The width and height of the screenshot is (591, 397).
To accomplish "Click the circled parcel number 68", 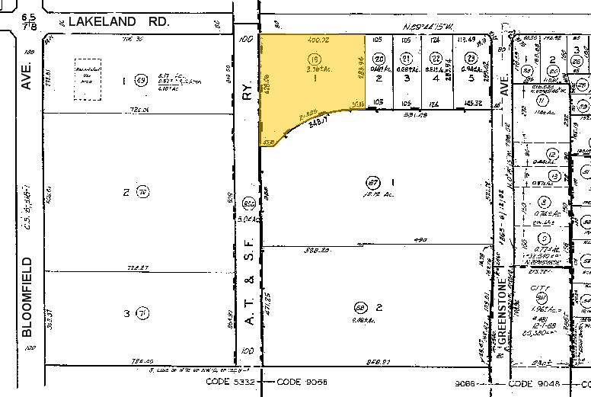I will click(x=360, y=307).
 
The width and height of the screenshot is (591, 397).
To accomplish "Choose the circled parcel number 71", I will click(x=142, y=312).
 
